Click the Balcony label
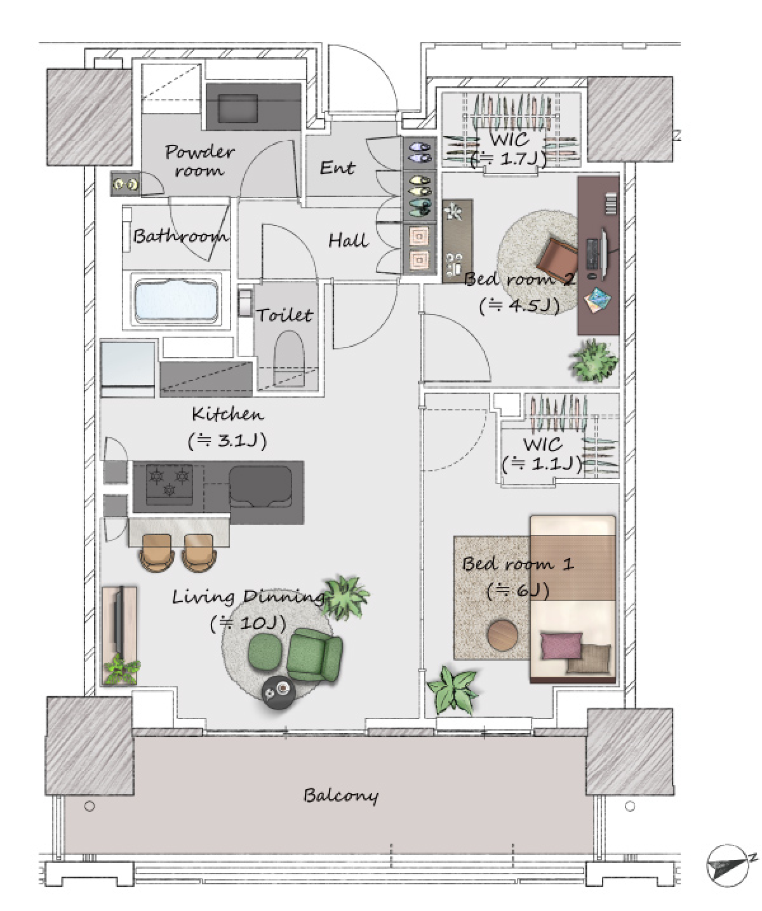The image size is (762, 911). point(340,795)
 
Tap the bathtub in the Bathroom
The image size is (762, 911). point(176,300)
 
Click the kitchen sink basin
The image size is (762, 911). point(260,487)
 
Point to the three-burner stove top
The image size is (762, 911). point(170,484)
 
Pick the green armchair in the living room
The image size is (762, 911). point(314,654)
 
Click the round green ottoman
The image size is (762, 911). point(264,651)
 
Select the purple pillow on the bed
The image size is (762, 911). point(561,645)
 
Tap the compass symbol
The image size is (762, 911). point(728,866)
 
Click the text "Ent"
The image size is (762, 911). point(337,168)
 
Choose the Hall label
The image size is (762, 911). point(349,240)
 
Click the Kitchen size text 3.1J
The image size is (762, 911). point(227,441)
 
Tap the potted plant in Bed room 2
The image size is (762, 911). point(593,361)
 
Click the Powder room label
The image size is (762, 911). point(200,160)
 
